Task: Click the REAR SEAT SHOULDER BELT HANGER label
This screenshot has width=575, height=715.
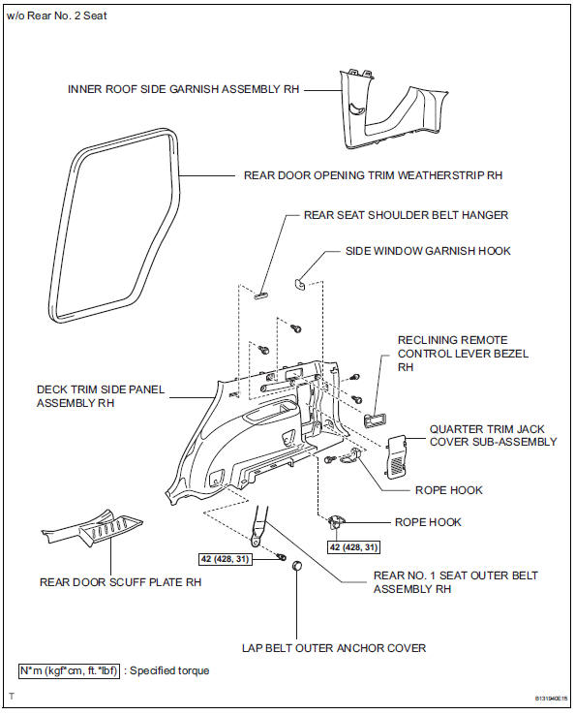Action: pyautogui.click(x=406, y=215)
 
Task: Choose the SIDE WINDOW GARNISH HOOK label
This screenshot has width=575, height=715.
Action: pyautogui.click(x=428, y=251)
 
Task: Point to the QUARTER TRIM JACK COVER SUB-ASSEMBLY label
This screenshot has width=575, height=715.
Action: pyautogui.click(x=493, y=434)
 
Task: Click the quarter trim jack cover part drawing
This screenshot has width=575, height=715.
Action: pyautogui.click(x=398, y=455)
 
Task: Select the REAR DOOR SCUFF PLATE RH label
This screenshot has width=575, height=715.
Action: pyautogui.click(x=120, y=582)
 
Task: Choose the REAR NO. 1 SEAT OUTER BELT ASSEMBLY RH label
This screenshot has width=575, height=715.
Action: pyautogui.click(x=455, y=582)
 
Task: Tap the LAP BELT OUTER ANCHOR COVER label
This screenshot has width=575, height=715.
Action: pyautogui.click(x=334, y=647)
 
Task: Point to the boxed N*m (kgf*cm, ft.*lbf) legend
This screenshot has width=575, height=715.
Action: pyautogui.click(x=68, y=670)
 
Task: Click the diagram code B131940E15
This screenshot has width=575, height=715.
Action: pyautogui.click(x=540, y=697)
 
